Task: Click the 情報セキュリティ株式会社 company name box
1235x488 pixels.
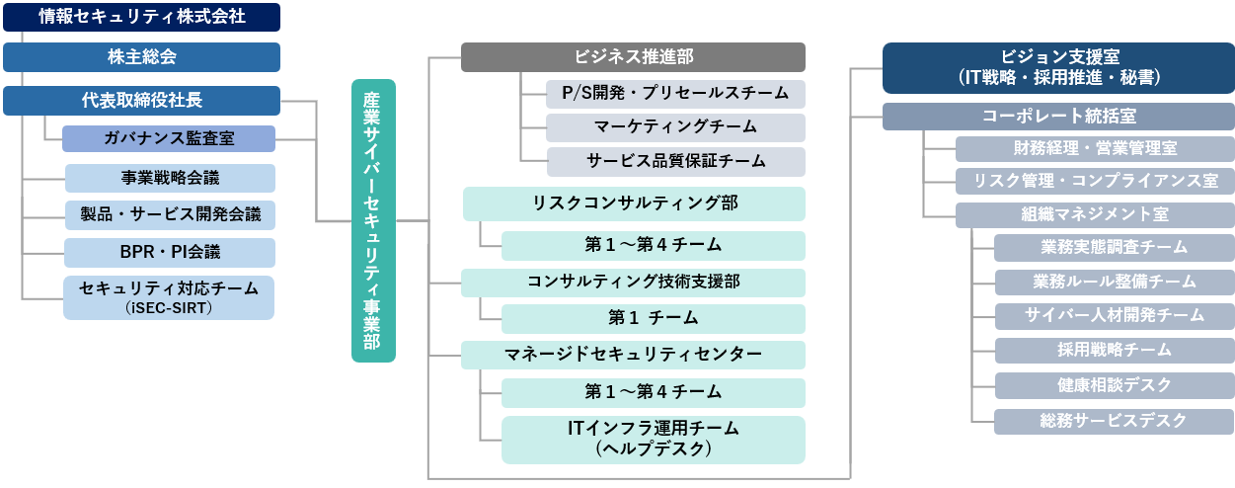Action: coord(141,17)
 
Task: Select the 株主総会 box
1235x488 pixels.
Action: coord(141,57)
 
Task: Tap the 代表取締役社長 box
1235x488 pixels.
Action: coord(141,101)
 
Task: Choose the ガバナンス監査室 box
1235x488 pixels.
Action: coord(169,137)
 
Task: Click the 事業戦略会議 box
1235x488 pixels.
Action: coord(169,178)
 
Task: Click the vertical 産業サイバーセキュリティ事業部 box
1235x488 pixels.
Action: coord(373,220)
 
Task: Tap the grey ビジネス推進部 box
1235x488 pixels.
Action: coord(633,57)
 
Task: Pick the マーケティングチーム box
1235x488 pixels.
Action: coord(675,127)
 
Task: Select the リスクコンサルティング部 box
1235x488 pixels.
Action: coord(633,204)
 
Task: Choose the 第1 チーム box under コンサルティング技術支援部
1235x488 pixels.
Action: coord(653,318)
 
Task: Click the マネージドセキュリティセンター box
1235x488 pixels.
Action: coord(633,354)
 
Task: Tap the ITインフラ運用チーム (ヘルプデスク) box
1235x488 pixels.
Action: coord(653,440)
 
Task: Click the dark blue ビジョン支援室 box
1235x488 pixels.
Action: coord(1058,67)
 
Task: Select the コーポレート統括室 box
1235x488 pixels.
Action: coord(1058,117)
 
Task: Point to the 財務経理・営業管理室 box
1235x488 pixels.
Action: coord(1095,149)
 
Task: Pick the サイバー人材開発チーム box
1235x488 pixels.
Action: coord(1114,315)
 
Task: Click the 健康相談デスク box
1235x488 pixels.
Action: coord(1114,385)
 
